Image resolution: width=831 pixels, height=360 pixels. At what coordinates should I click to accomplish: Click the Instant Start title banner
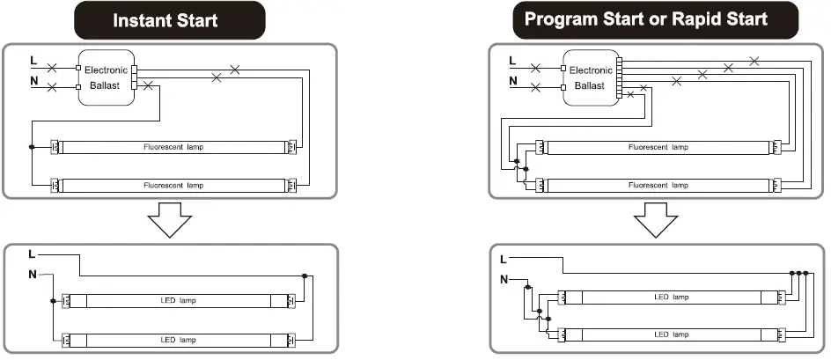pyautogui.click(x=170, y=19)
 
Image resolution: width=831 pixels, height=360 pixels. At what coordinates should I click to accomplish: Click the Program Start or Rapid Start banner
pyautogui.click(x=645, y=19)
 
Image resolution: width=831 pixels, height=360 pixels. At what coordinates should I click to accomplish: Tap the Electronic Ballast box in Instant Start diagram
pyautogui.click(x=106, y=77)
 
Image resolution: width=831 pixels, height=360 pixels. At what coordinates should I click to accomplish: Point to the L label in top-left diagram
pyautogui.click(x=33, y=62)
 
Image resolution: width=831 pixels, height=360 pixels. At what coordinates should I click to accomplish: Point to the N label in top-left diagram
pyautogui.click(x=33, y=84)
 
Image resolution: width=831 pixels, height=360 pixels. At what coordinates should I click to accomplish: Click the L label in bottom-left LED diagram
pyautogui.click(x=32, y=254)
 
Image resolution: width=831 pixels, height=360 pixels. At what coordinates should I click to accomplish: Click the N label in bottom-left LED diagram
pyautogui.click(x=33, y=275)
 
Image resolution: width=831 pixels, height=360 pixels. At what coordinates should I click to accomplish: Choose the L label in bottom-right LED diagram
pyautogui.click(x=504, y=260)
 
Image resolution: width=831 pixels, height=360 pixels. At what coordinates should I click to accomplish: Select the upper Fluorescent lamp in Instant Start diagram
pyautogui.click(x=173, y=146)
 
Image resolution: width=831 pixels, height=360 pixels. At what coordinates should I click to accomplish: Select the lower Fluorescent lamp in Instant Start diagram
pyautogui.click(x=173, y=185)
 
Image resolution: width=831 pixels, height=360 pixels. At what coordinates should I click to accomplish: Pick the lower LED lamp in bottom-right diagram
pyautogui.click(x=671, y=335)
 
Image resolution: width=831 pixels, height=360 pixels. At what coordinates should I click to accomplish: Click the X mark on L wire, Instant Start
pyautogui.click(x=52, y=66)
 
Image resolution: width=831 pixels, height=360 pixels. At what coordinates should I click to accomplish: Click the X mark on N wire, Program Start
pyautogui.click(x=535, y=88)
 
